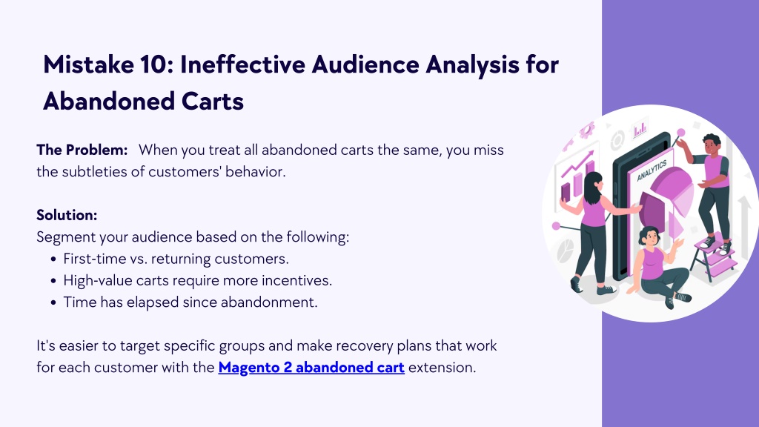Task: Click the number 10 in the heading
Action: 154,64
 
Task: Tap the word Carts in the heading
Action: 213,101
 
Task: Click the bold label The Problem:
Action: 82,150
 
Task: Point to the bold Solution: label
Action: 67,215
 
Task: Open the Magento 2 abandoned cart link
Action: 311,368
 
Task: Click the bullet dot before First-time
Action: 53,259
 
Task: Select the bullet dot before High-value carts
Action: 53,281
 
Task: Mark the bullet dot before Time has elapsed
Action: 53,303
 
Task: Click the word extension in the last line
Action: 443,368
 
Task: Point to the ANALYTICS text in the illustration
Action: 652,171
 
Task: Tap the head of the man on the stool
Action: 711,145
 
